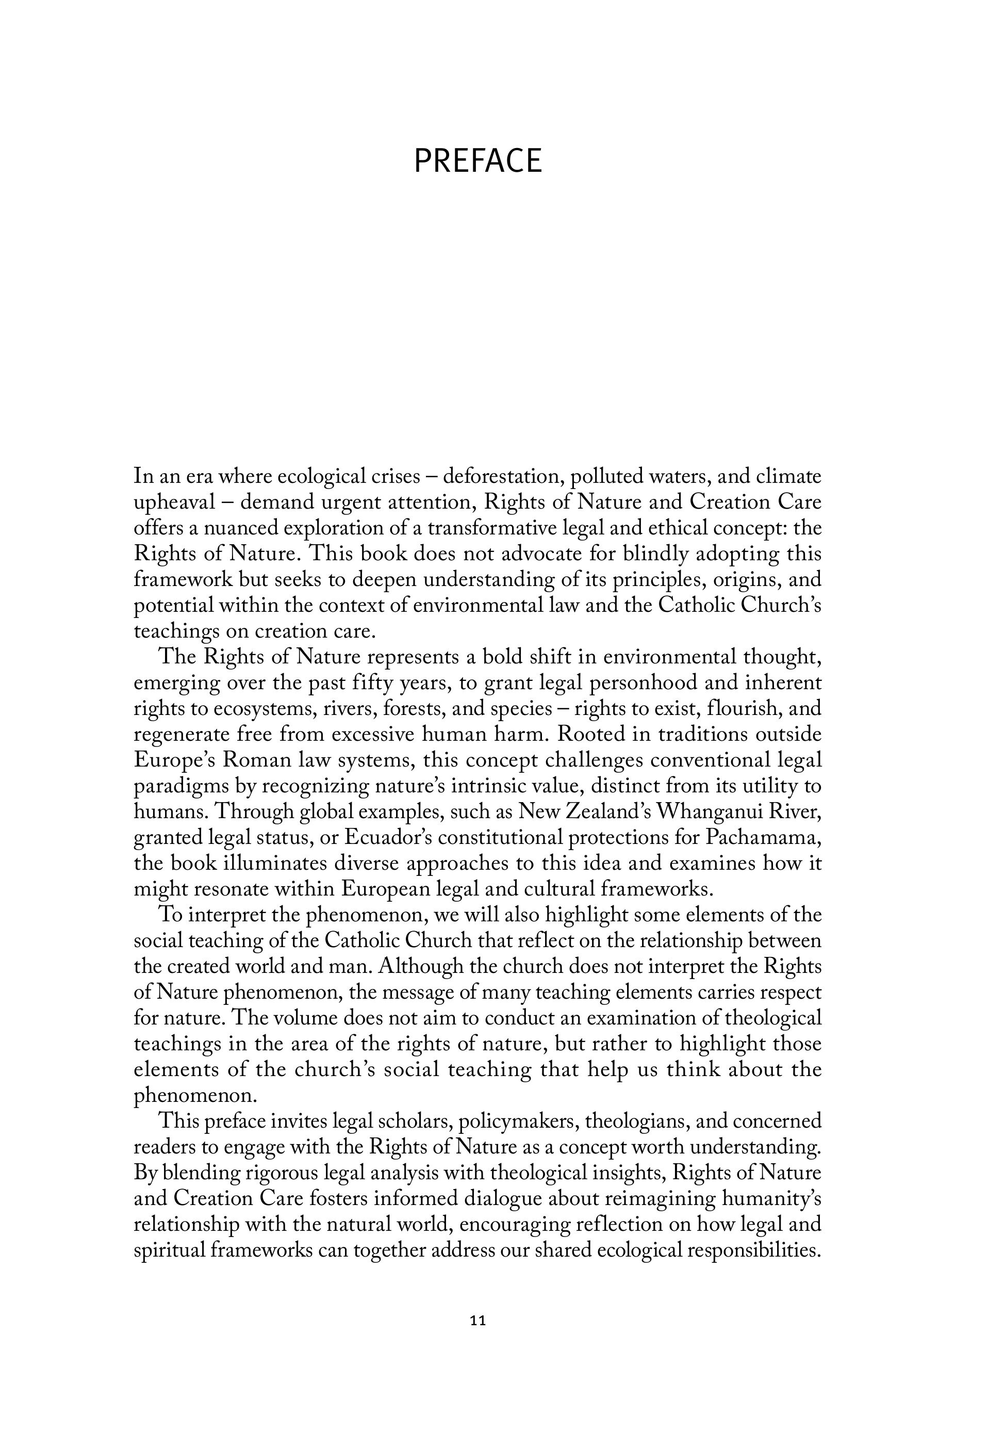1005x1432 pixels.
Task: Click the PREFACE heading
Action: point(478,161)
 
